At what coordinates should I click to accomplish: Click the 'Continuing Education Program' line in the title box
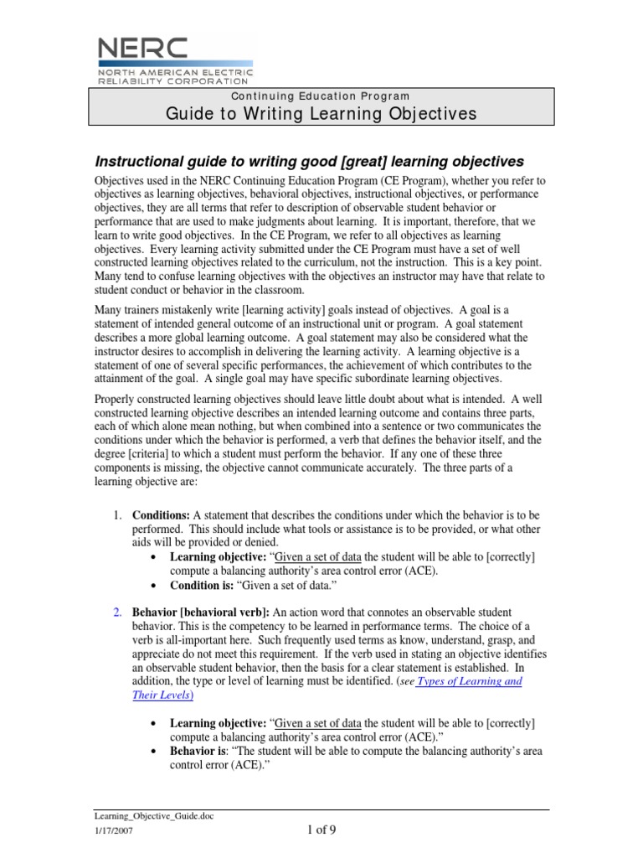pyautogui.click(x=321, y=97)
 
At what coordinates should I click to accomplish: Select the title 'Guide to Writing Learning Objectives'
pyautogui.click(x=321, y=114)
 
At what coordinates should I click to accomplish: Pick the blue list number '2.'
pyautogui.click(x=119, y=613)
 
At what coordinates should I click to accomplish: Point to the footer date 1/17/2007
pyautogui.click(x=111, y=832)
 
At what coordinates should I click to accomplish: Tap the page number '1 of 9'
pyautogui.click(x=320, y=830)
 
